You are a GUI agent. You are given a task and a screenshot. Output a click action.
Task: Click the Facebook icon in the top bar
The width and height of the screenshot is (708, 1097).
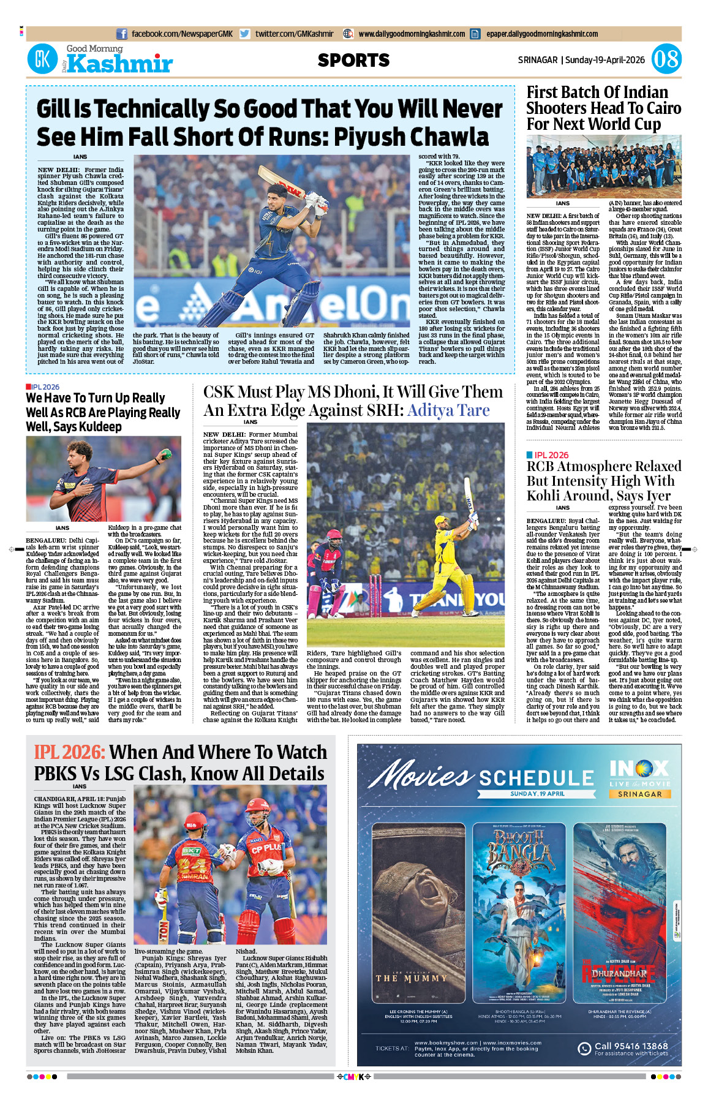(122, 34)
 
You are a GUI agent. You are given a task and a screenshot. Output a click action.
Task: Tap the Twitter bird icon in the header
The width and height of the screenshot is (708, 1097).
(245, 34)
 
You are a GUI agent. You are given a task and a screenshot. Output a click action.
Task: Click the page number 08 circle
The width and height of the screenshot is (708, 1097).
(666, 59)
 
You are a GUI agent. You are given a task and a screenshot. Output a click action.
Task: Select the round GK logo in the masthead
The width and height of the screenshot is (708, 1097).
(42, 59)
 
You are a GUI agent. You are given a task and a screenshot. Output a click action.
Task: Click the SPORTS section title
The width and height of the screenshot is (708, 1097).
(353, 60)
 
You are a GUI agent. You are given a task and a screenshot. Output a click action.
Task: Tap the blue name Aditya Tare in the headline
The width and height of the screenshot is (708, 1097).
(448, 410)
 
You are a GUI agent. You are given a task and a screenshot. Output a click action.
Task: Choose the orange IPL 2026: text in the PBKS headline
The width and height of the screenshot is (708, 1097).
(69, 752)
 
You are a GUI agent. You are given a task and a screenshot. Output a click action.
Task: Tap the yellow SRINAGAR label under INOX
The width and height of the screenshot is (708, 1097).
(639, 794)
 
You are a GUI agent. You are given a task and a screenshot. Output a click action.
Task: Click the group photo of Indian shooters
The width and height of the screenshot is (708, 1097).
(603, 166)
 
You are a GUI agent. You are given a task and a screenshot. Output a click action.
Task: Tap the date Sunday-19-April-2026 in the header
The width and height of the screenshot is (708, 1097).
(604, 60)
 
